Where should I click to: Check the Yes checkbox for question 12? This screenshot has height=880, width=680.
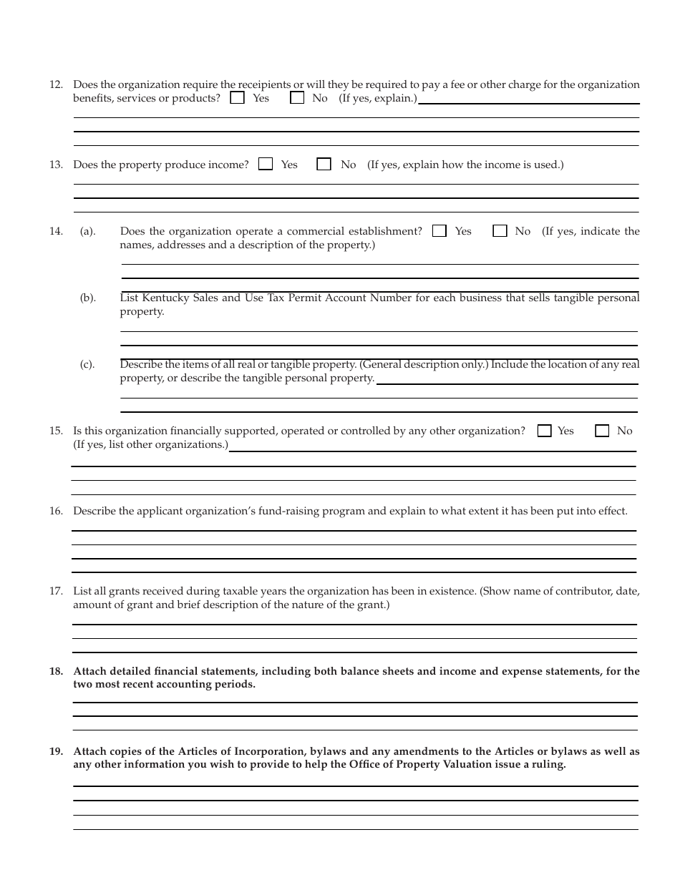tap(237, 98)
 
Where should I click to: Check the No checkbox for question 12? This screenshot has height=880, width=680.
tap(296, 98)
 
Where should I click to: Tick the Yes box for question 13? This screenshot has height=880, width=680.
tap(266, 165)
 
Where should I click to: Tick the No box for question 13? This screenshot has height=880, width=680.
tap(324, 165)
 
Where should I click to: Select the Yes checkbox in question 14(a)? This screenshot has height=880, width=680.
tap(439, 231)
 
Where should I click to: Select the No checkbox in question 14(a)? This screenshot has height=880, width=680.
tap(500, 231)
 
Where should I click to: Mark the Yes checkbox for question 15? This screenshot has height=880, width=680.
tap(544, 431)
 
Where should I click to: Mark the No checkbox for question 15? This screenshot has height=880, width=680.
tap(603, 431)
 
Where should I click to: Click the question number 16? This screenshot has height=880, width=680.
tap(56, 511)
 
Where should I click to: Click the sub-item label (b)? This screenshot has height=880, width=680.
tap(87, 298)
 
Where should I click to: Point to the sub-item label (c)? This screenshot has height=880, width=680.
tap(87, 364)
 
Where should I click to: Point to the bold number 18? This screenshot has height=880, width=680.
tap(56, 671)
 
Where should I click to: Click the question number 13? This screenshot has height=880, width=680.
tap(56, 165)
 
